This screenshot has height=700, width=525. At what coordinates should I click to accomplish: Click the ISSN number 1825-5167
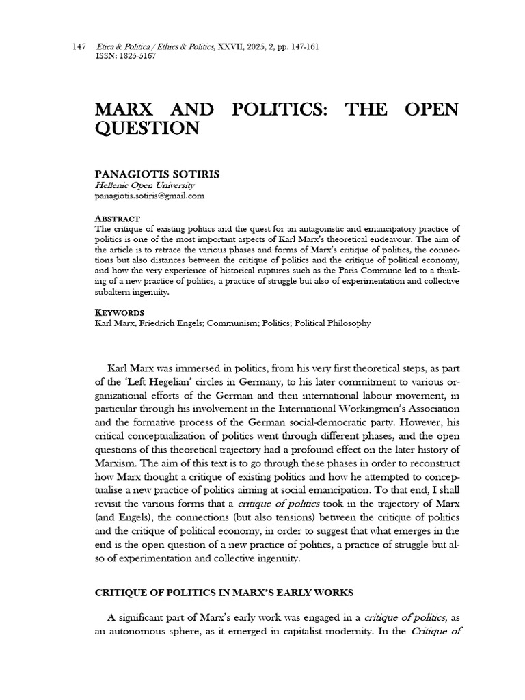coord(134,56)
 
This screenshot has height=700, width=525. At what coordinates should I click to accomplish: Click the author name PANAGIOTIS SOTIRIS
coord(157,174)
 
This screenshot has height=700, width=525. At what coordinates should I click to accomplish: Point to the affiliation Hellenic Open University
coord(144,185)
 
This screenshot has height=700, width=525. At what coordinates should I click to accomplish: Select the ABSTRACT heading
coord(117,218)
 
